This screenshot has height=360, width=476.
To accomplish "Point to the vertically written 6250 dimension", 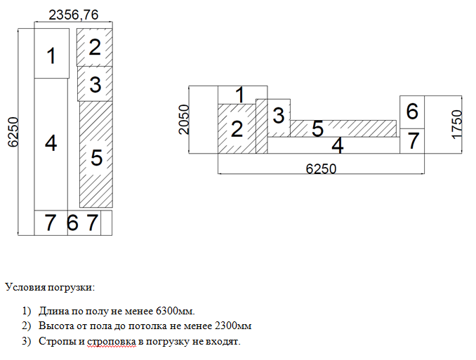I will [x=11, y=131].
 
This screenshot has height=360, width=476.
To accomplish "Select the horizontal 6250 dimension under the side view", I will [x=320, y=169].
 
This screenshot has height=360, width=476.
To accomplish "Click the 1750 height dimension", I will [x=458, y=124].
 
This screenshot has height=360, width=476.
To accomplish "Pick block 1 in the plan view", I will [x=51, y=55].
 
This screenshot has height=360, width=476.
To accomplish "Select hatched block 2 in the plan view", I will [x=95, y=47].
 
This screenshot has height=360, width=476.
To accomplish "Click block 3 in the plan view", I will [x=95, y=84].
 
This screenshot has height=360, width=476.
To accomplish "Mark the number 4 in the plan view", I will [x=51, y=143].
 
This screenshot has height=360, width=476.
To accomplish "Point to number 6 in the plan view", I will [x=72, y=223].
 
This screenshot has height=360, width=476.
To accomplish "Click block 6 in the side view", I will [x=412, y=111].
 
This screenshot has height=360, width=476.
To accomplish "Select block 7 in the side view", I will [x=413, y=140].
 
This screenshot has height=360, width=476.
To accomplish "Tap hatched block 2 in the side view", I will [x=237, y=128].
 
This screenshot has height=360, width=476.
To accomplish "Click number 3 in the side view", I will [x=278, y=115].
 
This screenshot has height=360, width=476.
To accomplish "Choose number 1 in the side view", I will [x=239, y=93].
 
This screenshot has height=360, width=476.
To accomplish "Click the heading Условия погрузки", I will [x=49, y=287].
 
